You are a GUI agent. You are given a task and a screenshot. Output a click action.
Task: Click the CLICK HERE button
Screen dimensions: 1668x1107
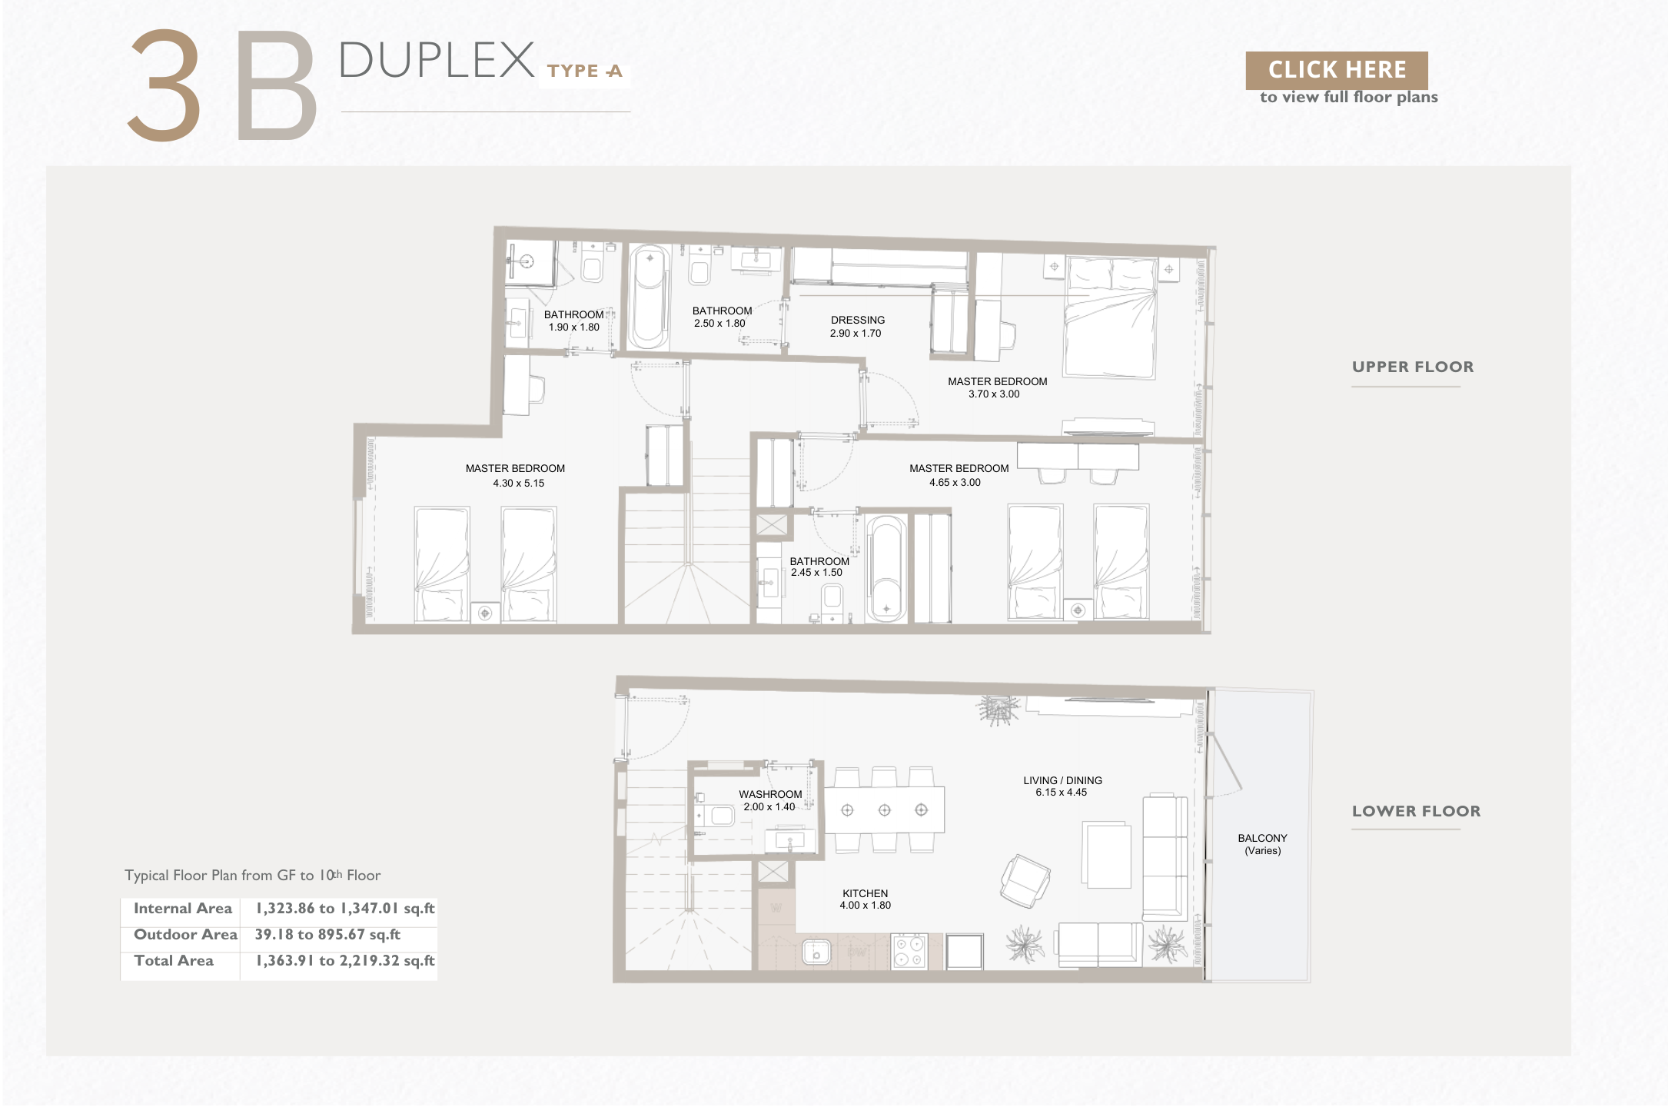click(x=1337, y=70)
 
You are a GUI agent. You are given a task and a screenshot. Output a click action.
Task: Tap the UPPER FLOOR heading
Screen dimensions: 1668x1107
click(x=1413, y=367)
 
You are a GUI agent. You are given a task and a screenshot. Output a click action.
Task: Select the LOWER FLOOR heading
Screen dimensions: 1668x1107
click(x=1416, y=811)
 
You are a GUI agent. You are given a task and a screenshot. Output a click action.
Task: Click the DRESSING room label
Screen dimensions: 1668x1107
click(x=858, y=320)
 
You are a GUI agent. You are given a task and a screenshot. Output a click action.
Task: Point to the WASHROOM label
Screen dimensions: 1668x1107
click(x=770, y=794)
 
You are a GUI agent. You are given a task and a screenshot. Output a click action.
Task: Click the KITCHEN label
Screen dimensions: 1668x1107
click(x=866, y=893)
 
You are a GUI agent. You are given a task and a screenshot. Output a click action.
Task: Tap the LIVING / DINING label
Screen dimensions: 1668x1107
click(x=1062, y=780)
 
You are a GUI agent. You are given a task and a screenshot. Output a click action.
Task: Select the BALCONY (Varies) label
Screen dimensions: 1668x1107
click(x=1262, y=844)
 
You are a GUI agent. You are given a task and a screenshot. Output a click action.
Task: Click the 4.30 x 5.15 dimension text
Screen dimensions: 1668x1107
click(x=519, y=483)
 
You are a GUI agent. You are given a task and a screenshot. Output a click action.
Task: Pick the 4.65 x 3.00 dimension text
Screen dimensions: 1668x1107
click(x=955, y=482)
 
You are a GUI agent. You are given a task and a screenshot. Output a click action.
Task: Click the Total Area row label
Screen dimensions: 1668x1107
click(x=174, y=960)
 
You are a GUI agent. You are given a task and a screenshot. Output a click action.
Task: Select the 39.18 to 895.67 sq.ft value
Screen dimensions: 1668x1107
click(x=328, y=934)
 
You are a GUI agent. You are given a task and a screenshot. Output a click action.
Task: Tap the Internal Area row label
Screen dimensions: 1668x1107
click(x=183, y=908)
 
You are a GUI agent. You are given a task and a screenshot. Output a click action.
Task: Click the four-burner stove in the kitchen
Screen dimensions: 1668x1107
click(x=909, y=951)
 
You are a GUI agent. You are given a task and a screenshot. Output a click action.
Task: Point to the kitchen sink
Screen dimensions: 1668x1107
click(x=816, y=952)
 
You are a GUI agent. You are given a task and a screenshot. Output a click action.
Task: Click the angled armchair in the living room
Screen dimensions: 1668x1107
click(x=1025, y=881)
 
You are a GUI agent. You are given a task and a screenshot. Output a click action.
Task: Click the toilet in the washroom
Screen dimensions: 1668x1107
click(x=716, y=815)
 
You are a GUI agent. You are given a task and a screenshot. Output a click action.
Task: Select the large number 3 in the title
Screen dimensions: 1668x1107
click(x=164, y=85)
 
